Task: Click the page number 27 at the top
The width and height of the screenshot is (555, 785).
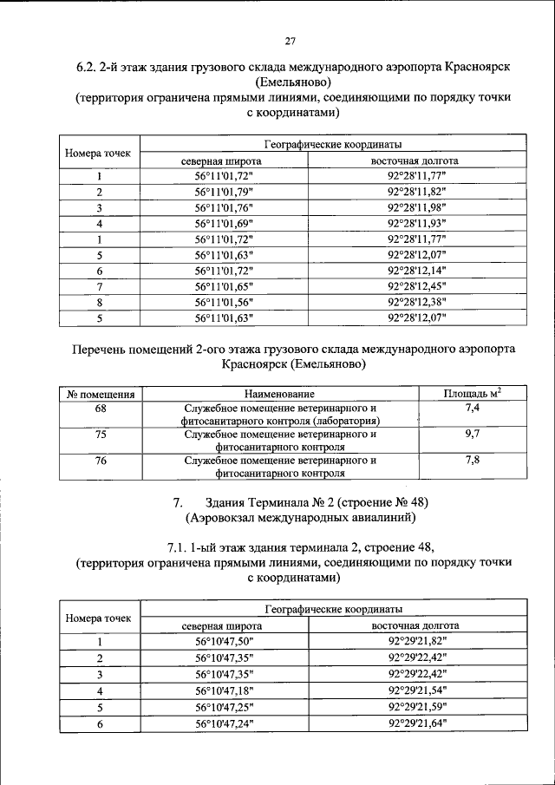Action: coord(291,38)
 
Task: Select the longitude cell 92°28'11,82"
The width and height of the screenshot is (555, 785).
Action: coord(416,192)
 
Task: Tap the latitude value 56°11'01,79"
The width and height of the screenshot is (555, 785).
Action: coord(223,192)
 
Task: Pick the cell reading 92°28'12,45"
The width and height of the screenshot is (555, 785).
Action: coord(416,285)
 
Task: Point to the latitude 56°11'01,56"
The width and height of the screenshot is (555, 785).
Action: coord(223,301)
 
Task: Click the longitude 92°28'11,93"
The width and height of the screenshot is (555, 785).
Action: coord(416,223)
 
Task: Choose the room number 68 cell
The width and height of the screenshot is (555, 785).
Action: coord(100,408)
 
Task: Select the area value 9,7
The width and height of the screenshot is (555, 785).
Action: coord(472,434)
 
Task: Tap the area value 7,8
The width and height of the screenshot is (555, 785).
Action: coord(472,461)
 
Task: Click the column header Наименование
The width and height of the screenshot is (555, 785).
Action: coord(279,395)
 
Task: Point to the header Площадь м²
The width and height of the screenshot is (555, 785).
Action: coord(472,394)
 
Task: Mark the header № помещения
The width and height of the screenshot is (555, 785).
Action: coord(100,395)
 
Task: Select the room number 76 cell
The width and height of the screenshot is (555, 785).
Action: coord(100,461)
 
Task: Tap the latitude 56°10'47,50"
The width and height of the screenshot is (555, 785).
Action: coord(223,641)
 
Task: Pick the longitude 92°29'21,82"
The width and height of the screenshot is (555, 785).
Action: coord(416,641)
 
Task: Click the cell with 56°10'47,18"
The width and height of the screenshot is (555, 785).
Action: coord(223,690)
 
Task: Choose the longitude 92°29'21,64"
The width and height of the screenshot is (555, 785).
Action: coord(416,723)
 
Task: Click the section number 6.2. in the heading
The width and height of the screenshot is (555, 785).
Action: coord(90,67)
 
